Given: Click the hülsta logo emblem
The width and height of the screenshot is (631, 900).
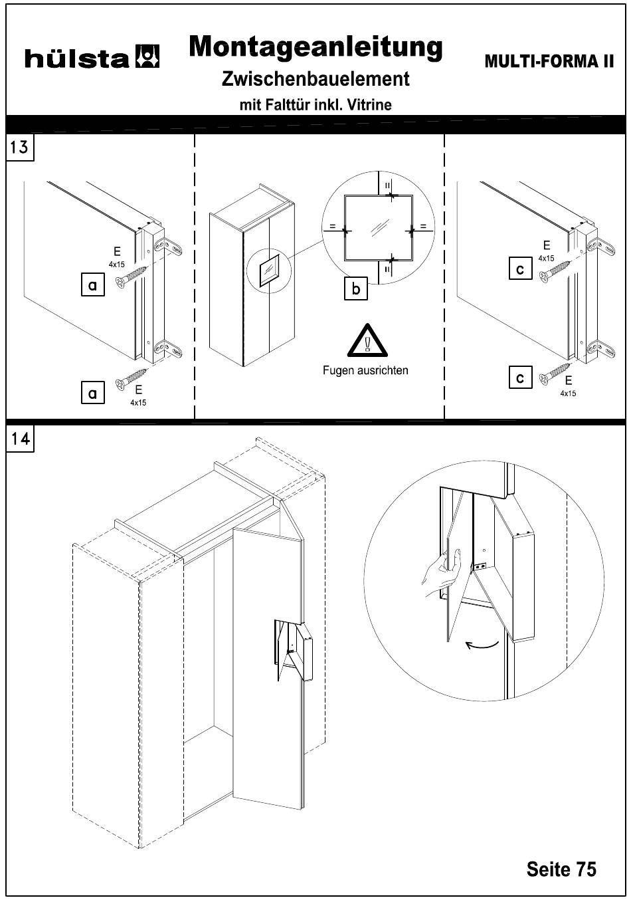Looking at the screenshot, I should tap(147, 57).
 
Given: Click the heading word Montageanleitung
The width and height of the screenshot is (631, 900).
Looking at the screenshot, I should tap(315, 47).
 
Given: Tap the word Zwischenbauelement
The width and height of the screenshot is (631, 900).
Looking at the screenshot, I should tap(315, 79).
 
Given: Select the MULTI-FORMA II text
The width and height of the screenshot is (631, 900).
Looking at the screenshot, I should tap(549, 62).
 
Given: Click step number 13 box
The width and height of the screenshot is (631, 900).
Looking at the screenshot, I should tap(19, 147).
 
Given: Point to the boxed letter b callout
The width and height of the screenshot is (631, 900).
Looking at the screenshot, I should tap(356, 290).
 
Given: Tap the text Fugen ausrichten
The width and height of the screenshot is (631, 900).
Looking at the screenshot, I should tap(365, 371).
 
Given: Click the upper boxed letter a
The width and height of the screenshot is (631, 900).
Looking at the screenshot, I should tap(92, 286).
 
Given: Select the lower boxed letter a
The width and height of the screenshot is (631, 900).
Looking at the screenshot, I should tap(92, 394).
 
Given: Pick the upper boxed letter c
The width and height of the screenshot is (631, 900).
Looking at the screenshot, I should tap(520, 269).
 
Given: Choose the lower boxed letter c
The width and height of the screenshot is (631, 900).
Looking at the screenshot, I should tap(520, 378).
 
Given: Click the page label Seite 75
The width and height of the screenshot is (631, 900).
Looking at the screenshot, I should tap(561, 869).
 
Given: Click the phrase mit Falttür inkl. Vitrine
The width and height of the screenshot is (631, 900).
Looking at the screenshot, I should tap(315, 104).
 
